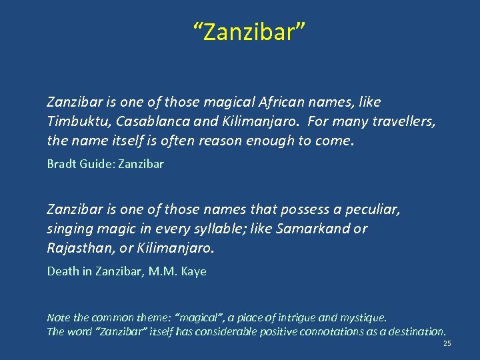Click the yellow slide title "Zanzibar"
(x=249, y=31)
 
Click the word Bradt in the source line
(x=61, y=163)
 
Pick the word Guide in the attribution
(x=96, y=163)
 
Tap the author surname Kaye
(x=193, y=271)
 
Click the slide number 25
(x=447, y=344)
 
